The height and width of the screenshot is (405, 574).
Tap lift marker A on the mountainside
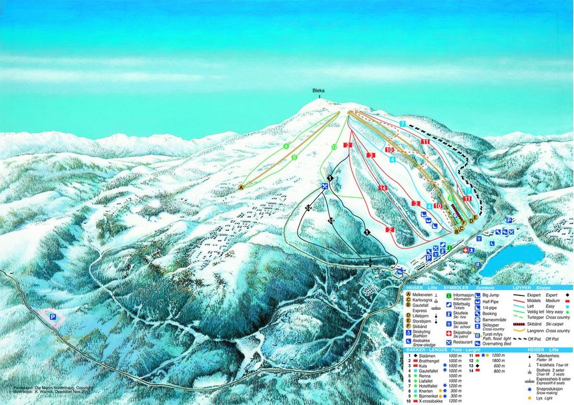click(241, 188)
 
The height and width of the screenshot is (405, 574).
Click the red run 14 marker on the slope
click(382, 188)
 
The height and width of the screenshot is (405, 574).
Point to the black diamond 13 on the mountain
click(330, 220)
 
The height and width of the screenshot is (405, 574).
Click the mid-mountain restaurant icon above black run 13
click(325, 186)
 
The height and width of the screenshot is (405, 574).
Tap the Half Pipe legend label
click(492, 301)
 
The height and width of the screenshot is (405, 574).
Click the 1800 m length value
click(495, 362)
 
